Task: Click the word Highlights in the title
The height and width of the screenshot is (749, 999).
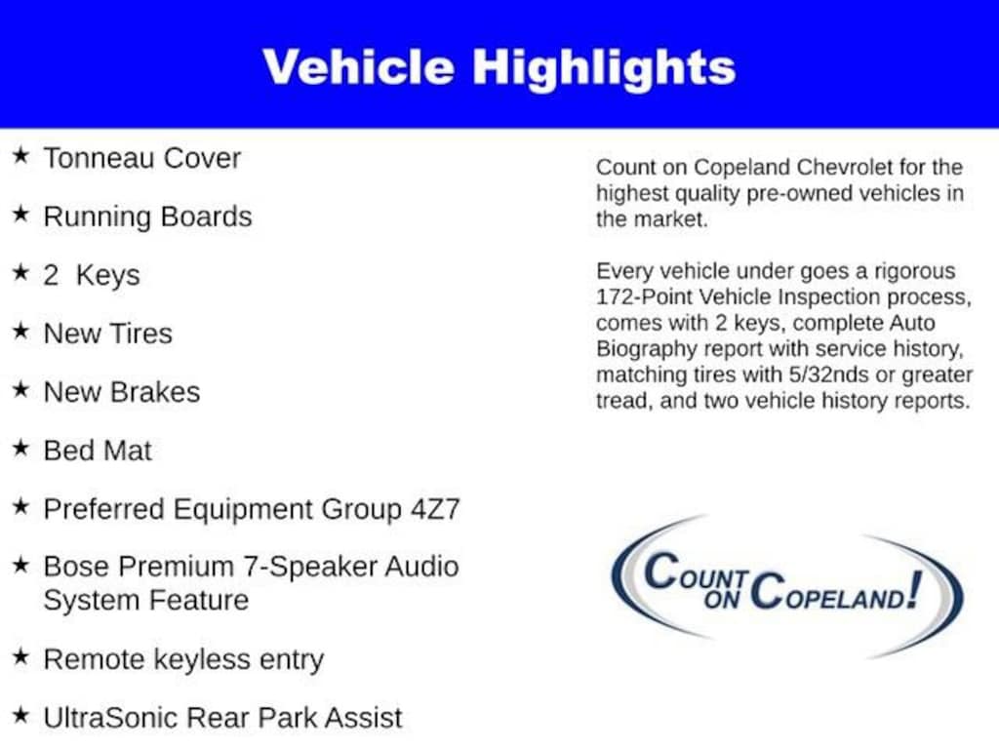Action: click(604, 66)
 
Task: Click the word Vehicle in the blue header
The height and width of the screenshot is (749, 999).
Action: click(358, 66)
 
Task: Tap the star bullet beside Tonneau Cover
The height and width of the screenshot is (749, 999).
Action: click(20, 156)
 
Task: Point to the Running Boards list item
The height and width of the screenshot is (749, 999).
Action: click(147, 217)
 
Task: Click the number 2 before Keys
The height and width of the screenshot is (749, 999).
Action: click(51, 275)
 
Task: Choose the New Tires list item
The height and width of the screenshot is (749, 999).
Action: click(107, 334)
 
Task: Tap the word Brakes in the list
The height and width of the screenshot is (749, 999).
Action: click(154, 392)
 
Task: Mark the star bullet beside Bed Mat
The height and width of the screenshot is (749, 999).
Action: click(20, 449)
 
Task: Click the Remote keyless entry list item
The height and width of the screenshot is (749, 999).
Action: click(182, 660)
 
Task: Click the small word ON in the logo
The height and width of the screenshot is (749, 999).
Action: click(723, 599)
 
